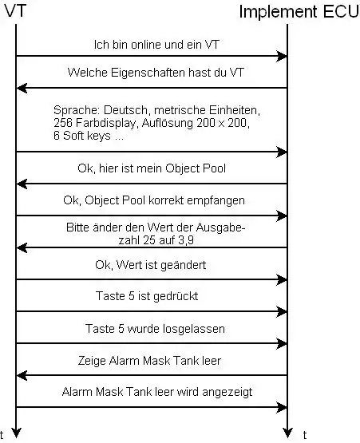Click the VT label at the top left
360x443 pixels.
(x=15, y=11)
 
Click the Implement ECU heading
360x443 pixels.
(x=299, y=12)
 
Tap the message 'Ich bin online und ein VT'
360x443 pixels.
(x=156, y=45)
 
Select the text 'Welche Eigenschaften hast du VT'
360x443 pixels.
(x=156, y=73)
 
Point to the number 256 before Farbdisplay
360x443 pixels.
(x=63, y=123)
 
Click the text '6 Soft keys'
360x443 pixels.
(x=82, y=136)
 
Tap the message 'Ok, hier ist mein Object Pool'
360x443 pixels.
(x=152, y=168)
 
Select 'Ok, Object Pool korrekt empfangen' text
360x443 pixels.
(x=154, y=200)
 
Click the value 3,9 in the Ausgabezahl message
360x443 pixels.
(x=186, y=240)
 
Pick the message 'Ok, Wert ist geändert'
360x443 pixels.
(x=151, y=265)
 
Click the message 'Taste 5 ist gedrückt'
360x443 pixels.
(x=147, y=296)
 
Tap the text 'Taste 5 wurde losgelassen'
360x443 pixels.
(x=155, y=329)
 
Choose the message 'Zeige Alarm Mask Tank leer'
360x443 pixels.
(x=149, y=361)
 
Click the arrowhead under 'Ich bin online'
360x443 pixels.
(x=282, y=56)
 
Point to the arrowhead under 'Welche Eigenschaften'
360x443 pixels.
(x=22, y=88)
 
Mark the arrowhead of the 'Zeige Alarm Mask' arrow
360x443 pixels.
(x=22, y=375)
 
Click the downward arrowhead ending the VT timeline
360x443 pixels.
(x=16, y=433)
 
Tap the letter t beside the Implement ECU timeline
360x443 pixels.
(x=305, y=435)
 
